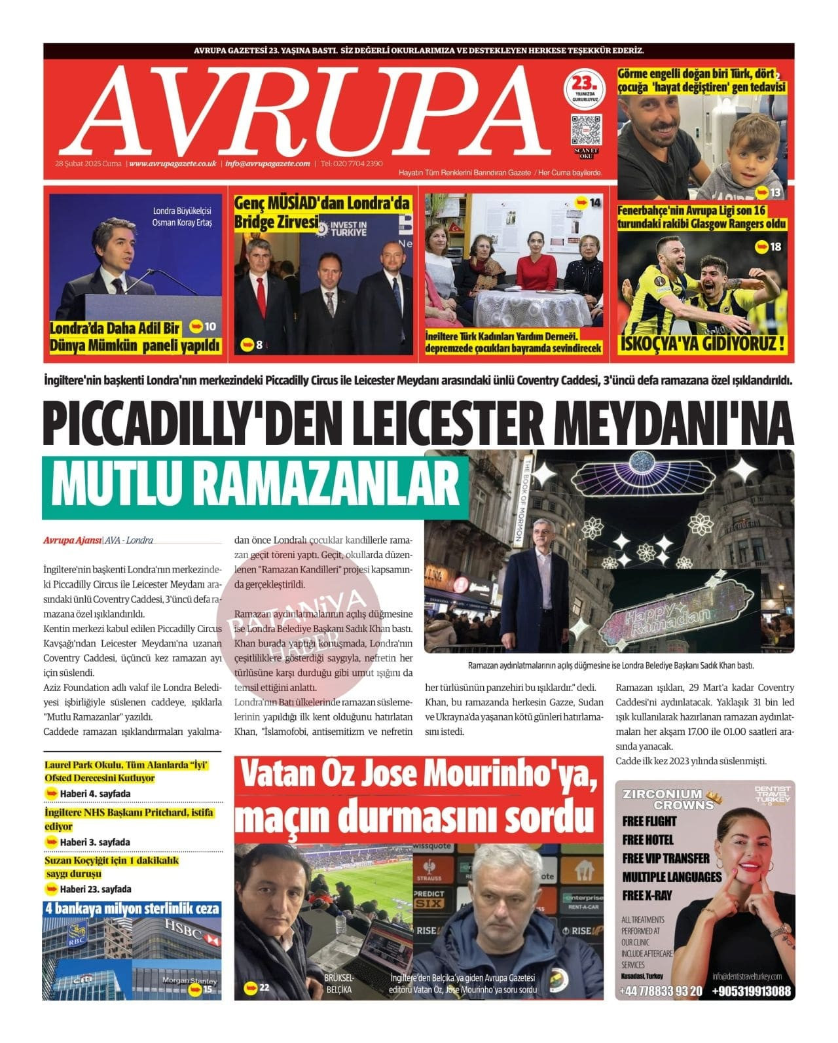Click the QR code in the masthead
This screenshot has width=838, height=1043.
pos(586,130)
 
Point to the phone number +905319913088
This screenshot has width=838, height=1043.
pos(751,991)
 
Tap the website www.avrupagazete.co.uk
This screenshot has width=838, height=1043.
pos(173,164)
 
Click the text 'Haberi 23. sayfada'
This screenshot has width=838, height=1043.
pos(96,889)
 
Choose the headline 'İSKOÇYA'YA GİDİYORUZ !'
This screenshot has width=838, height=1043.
pos(702,344)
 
